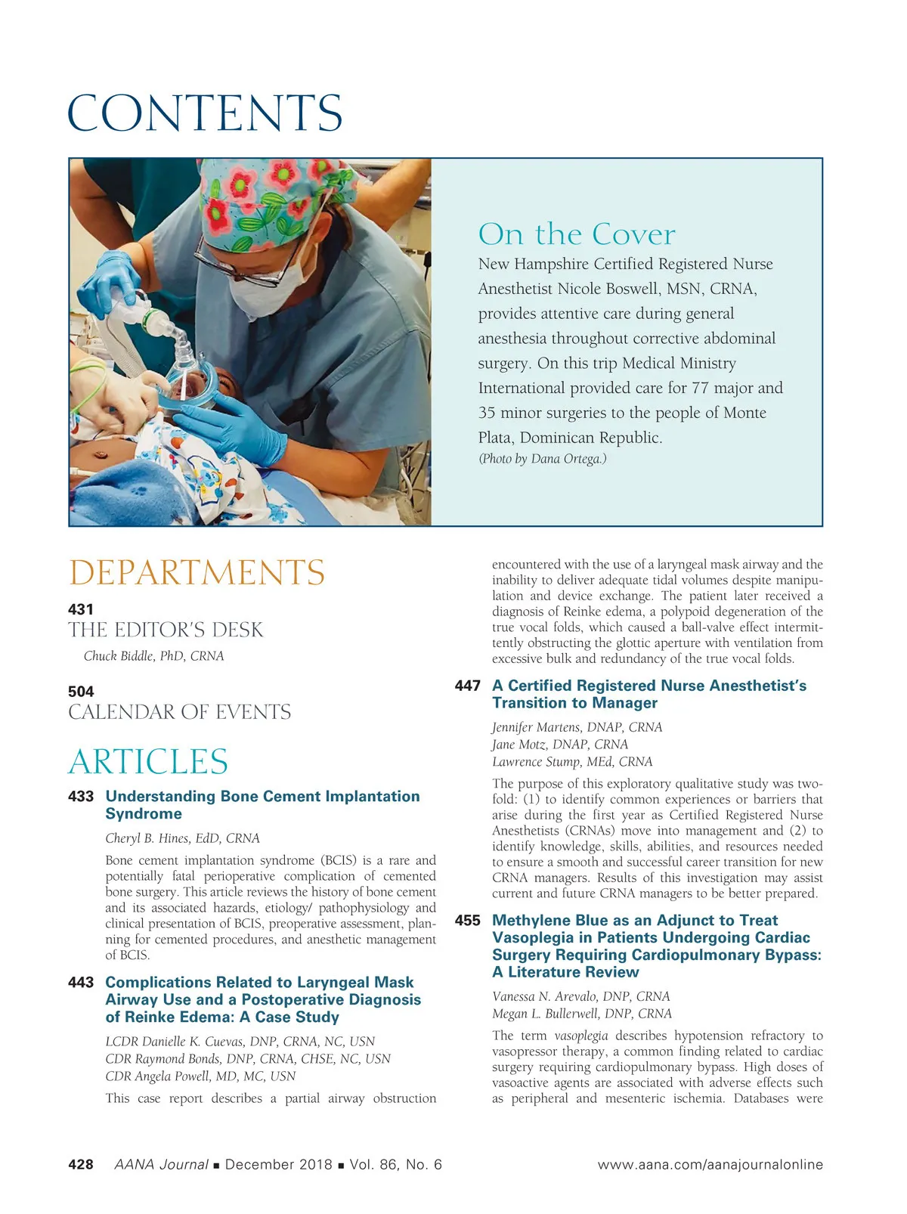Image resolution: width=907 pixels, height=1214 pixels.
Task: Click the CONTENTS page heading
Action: [205, 113]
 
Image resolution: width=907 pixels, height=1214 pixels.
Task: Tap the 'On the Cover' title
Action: [576, 234]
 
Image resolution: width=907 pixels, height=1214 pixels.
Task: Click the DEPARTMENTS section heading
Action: [197, 573]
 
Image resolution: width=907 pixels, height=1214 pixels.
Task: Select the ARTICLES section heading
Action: [148, 761]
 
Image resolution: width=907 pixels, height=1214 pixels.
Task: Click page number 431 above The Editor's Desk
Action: [81, 609]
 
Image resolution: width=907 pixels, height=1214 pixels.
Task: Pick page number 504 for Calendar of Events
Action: [81, 692]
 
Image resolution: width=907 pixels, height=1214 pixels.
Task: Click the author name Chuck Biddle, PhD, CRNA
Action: [153, 656]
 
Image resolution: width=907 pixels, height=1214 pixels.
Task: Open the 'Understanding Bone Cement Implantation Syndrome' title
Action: [262, 805]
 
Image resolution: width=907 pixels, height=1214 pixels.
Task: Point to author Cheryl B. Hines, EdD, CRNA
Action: [182, 838]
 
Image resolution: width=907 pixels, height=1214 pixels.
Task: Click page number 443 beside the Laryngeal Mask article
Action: [81, 983]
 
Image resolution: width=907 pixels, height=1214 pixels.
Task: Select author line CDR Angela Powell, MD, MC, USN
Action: [200, 1076]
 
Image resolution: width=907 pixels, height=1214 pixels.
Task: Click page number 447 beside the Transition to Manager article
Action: [468, 686]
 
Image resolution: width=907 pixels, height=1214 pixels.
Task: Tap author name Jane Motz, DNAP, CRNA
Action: [559, 745]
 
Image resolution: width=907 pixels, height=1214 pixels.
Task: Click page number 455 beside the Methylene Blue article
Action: [468, 921]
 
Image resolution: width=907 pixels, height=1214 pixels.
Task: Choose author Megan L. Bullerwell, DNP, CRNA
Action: [581, 1014]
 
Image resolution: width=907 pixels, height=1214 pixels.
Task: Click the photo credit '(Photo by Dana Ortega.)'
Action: [542, 459]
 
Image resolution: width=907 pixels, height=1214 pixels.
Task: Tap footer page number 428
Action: [81, 1165]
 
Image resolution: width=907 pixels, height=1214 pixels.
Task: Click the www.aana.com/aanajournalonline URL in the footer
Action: [710, 1165]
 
